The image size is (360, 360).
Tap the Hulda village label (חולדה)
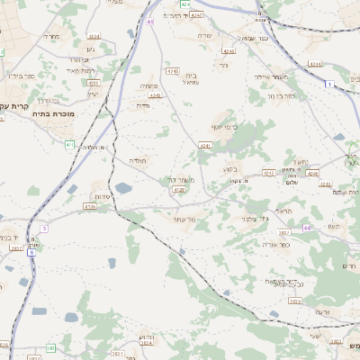pyautogui.click(x=138, y=160)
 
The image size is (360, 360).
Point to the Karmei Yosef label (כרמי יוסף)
pyautogui.click(x=223, y=127)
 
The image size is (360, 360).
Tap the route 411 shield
pyautogui.click(x=69, y=144)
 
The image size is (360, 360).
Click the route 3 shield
pyautogui.click(x=43, y=229)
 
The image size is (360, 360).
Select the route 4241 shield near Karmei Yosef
pyautogui.click(x=204, y=144)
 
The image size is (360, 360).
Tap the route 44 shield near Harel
pyautogui.click(x=307, y=228)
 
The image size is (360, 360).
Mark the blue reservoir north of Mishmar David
pyautogui.click(x=122, y=188)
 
